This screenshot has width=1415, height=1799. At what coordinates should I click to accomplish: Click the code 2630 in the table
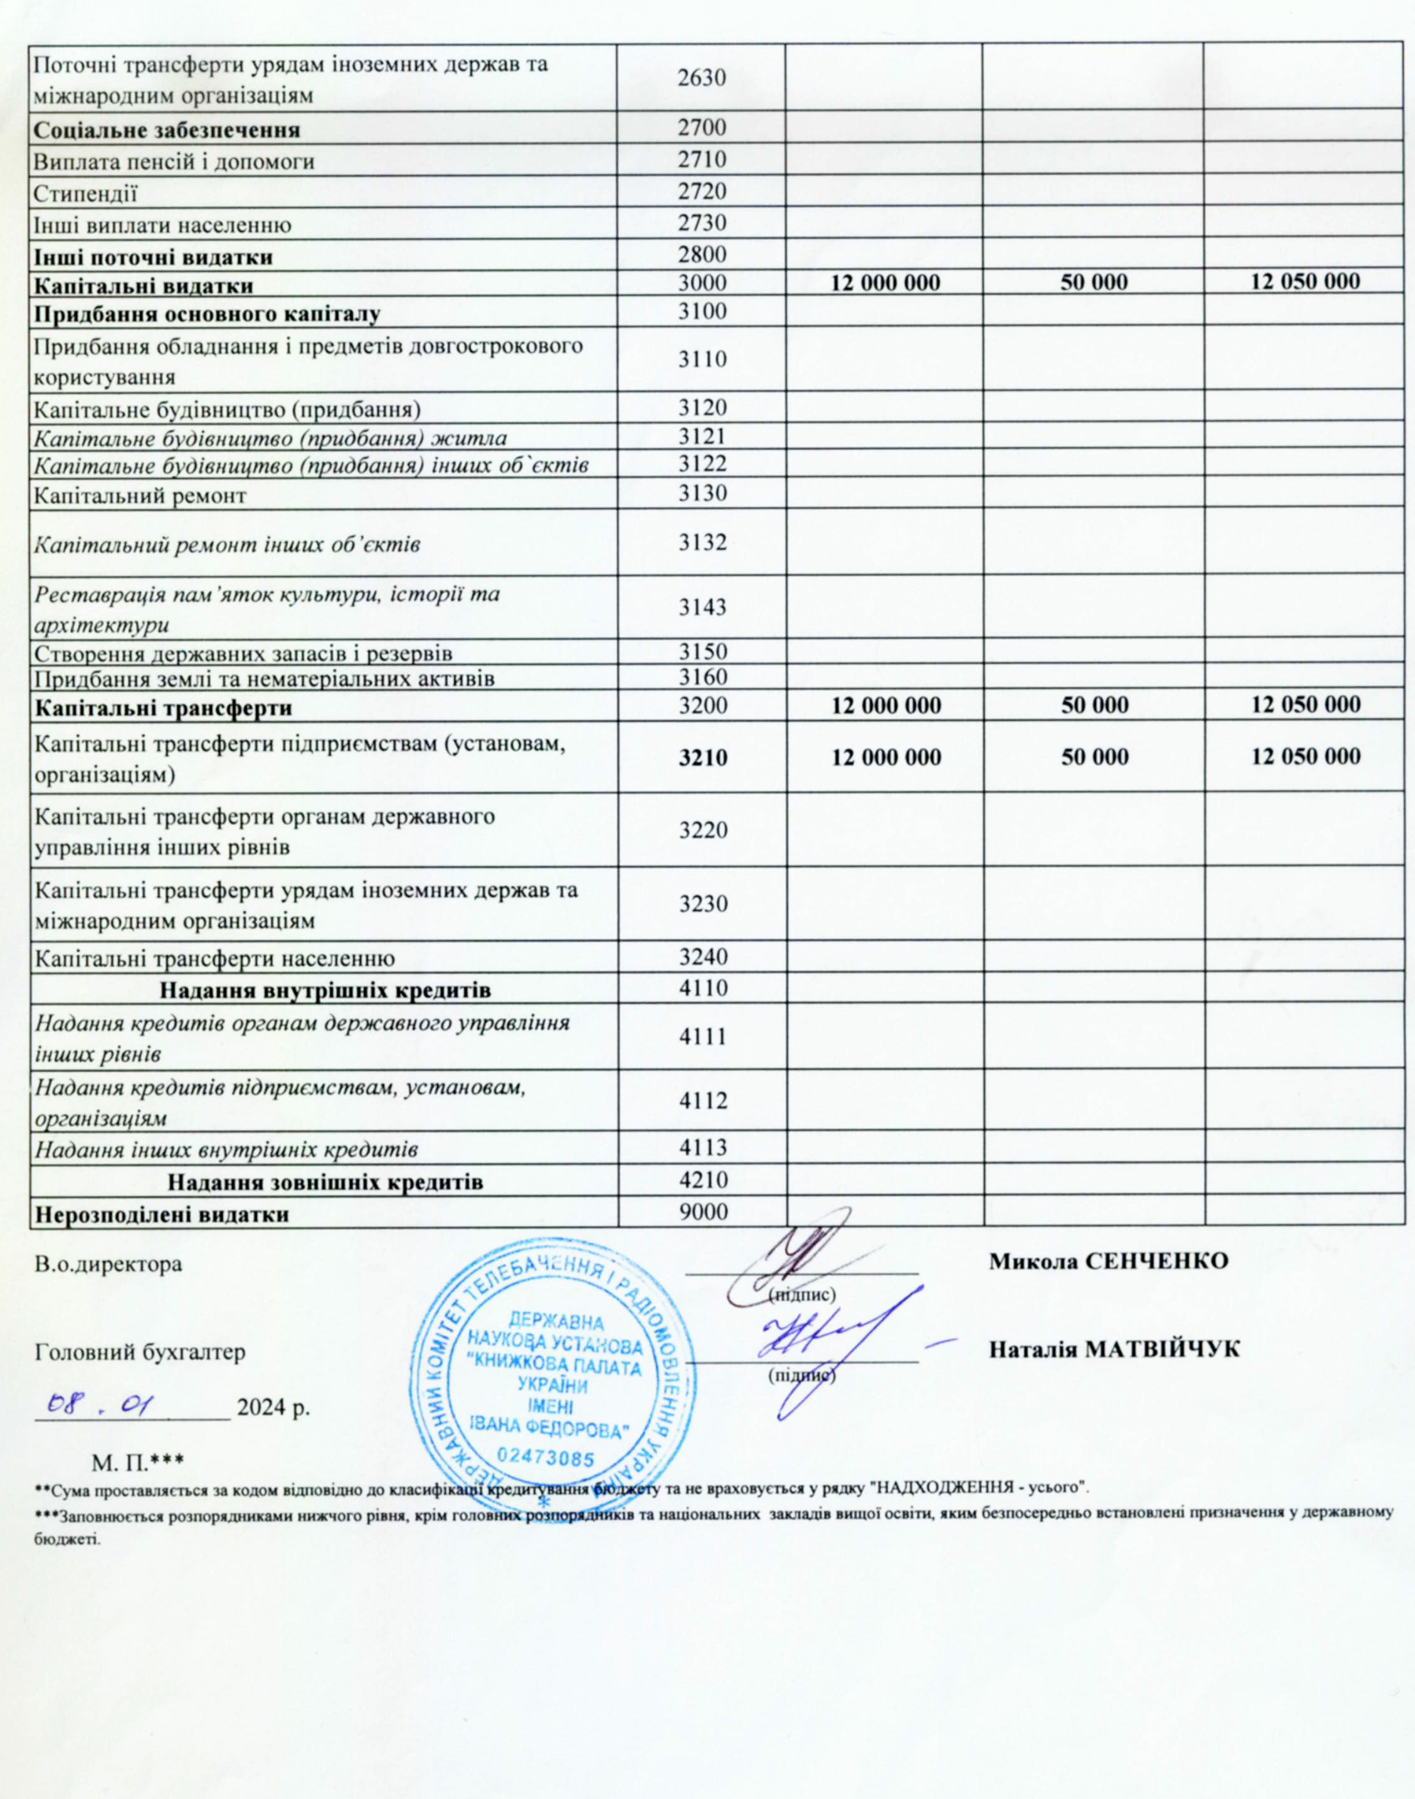click(703, 79)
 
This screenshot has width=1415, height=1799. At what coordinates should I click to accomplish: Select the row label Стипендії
click(84, 192)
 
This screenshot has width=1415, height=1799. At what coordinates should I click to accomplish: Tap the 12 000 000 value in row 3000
click(885, 283)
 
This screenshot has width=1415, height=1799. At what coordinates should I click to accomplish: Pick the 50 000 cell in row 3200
click(1094, 705)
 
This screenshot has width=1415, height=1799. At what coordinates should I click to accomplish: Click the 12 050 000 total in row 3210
click(1305, 756)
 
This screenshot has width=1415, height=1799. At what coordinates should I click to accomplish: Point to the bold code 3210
click(703, 756)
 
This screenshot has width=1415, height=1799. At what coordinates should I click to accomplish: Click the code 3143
click(703, 608)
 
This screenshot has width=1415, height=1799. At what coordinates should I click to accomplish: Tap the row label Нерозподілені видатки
click(161, 1215)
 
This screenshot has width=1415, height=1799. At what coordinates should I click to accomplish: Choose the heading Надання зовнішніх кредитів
click(325, 1181)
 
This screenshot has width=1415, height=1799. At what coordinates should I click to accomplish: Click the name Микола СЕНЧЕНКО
click(1109, 1262)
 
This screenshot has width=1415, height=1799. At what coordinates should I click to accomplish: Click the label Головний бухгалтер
click(140, 1352)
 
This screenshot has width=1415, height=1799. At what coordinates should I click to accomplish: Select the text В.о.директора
click(108, 1266)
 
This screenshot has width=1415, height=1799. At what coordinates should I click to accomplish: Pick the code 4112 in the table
click(703, 1101)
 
